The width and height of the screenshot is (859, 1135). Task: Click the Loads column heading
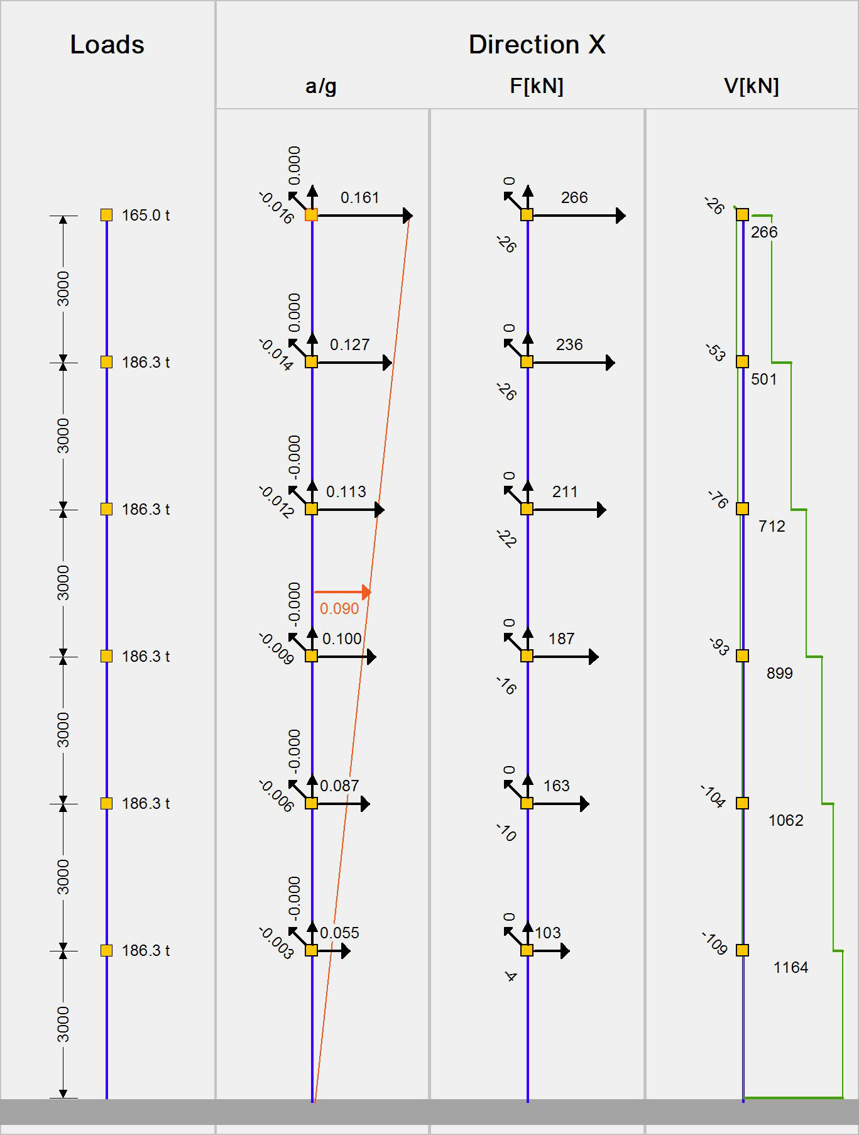107,45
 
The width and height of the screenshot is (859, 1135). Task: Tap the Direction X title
537,45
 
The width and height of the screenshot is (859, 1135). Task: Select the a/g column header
320,86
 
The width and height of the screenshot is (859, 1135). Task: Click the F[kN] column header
536,86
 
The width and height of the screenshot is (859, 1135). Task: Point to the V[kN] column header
751,86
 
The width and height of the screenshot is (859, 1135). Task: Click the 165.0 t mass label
146,216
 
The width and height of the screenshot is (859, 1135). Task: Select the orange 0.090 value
339,609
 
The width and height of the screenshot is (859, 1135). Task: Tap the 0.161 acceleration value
359,198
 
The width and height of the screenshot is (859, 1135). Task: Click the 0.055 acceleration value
339,933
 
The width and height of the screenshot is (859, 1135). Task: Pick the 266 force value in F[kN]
574,198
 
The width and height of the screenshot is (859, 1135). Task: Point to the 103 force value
547,933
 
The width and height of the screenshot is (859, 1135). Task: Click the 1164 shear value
791,968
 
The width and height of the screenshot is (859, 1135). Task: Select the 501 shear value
763,380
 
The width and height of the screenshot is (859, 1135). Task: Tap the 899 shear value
779,674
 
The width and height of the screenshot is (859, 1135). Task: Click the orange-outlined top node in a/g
311,215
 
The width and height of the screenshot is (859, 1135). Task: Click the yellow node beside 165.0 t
106,215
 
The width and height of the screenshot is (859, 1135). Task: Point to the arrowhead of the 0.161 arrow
408,216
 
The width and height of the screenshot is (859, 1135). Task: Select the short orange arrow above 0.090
342,592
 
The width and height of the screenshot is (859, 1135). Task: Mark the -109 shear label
714,943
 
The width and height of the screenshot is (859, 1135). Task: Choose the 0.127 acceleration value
349,345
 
